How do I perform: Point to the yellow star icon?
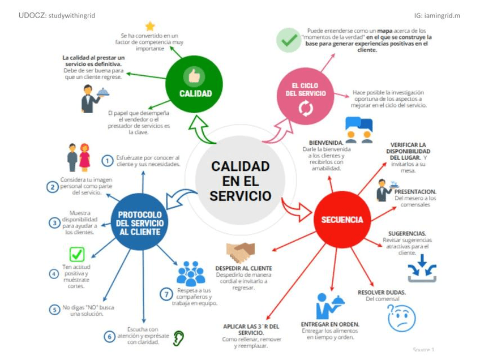pyautogui.click(x=150, y=26)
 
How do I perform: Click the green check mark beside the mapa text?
pyautogui.click(x=289, y=40)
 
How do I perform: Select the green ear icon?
pyautogui.click(x=179, y=338)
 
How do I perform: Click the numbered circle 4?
pyautogui.click(x=54, y=274)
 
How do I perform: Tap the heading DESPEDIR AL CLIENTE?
pyautogui.click(x=243, y=268)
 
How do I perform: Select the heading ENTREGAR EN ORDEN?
pyautogui.click(x=331, y=324)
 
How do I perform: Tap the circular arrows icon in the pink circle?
pyautogui.click(x=305, y=108)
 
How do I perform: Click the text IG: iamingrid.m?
pyautogui.click(x=437, y=15)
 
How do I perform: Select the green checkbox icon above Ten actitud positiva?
pyautogui.click(x=76, y=255)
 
